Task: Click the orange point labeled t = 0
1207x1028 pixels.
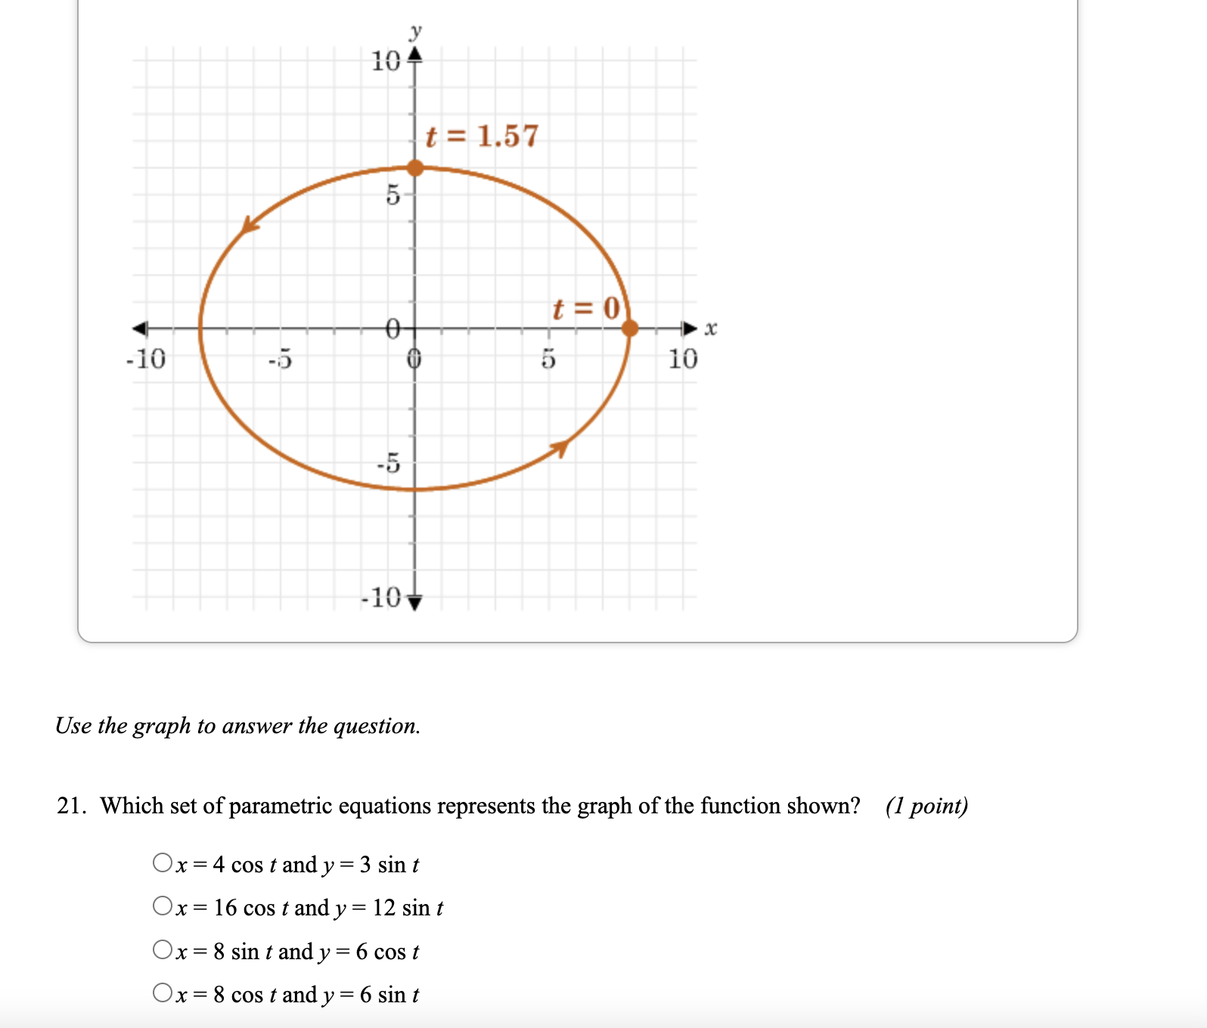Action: click(629, 328)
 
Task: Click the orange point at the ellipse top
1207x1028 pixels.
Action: click(415, 167)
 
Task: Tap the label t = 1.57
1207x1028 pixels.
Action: click(482, 136)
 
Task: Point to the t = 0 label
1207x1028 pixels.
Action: click(586, 308)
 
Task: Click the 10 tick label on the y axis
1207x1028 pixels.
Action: click(386, 61)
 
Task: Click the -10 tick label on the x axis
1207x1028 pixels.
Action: click(145, 358)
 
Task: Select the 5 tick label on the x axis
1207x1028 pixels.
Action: click(548, 358)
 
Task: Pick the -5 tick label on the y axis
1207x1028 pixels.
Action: click(389, 462)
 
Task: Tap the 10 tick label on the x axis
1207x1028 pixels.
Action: click(682, 358)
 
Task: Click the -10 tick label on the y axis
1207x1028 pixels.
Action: click(382, 598)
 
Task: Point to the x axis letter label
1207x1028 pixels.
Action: click(710, 329)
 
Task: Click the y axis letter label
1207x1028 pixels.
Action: click(415, 32)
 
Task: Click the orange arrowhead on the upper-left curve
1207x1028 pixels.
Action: click(249, 224)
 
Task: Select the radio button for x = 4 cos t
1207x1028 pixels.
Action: click(162, 862)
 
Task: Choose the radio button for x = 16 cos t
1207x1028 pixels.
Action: click(162, 906)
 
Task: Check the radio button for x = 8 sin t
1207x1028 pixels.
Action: click(162, 949)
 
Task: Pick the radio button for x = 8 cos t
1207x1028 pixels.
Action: click(162, 992)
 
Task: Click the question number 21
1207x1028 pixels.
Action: click(71, 806)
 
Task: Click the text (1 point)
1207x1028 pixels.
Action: click(926, 806)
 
